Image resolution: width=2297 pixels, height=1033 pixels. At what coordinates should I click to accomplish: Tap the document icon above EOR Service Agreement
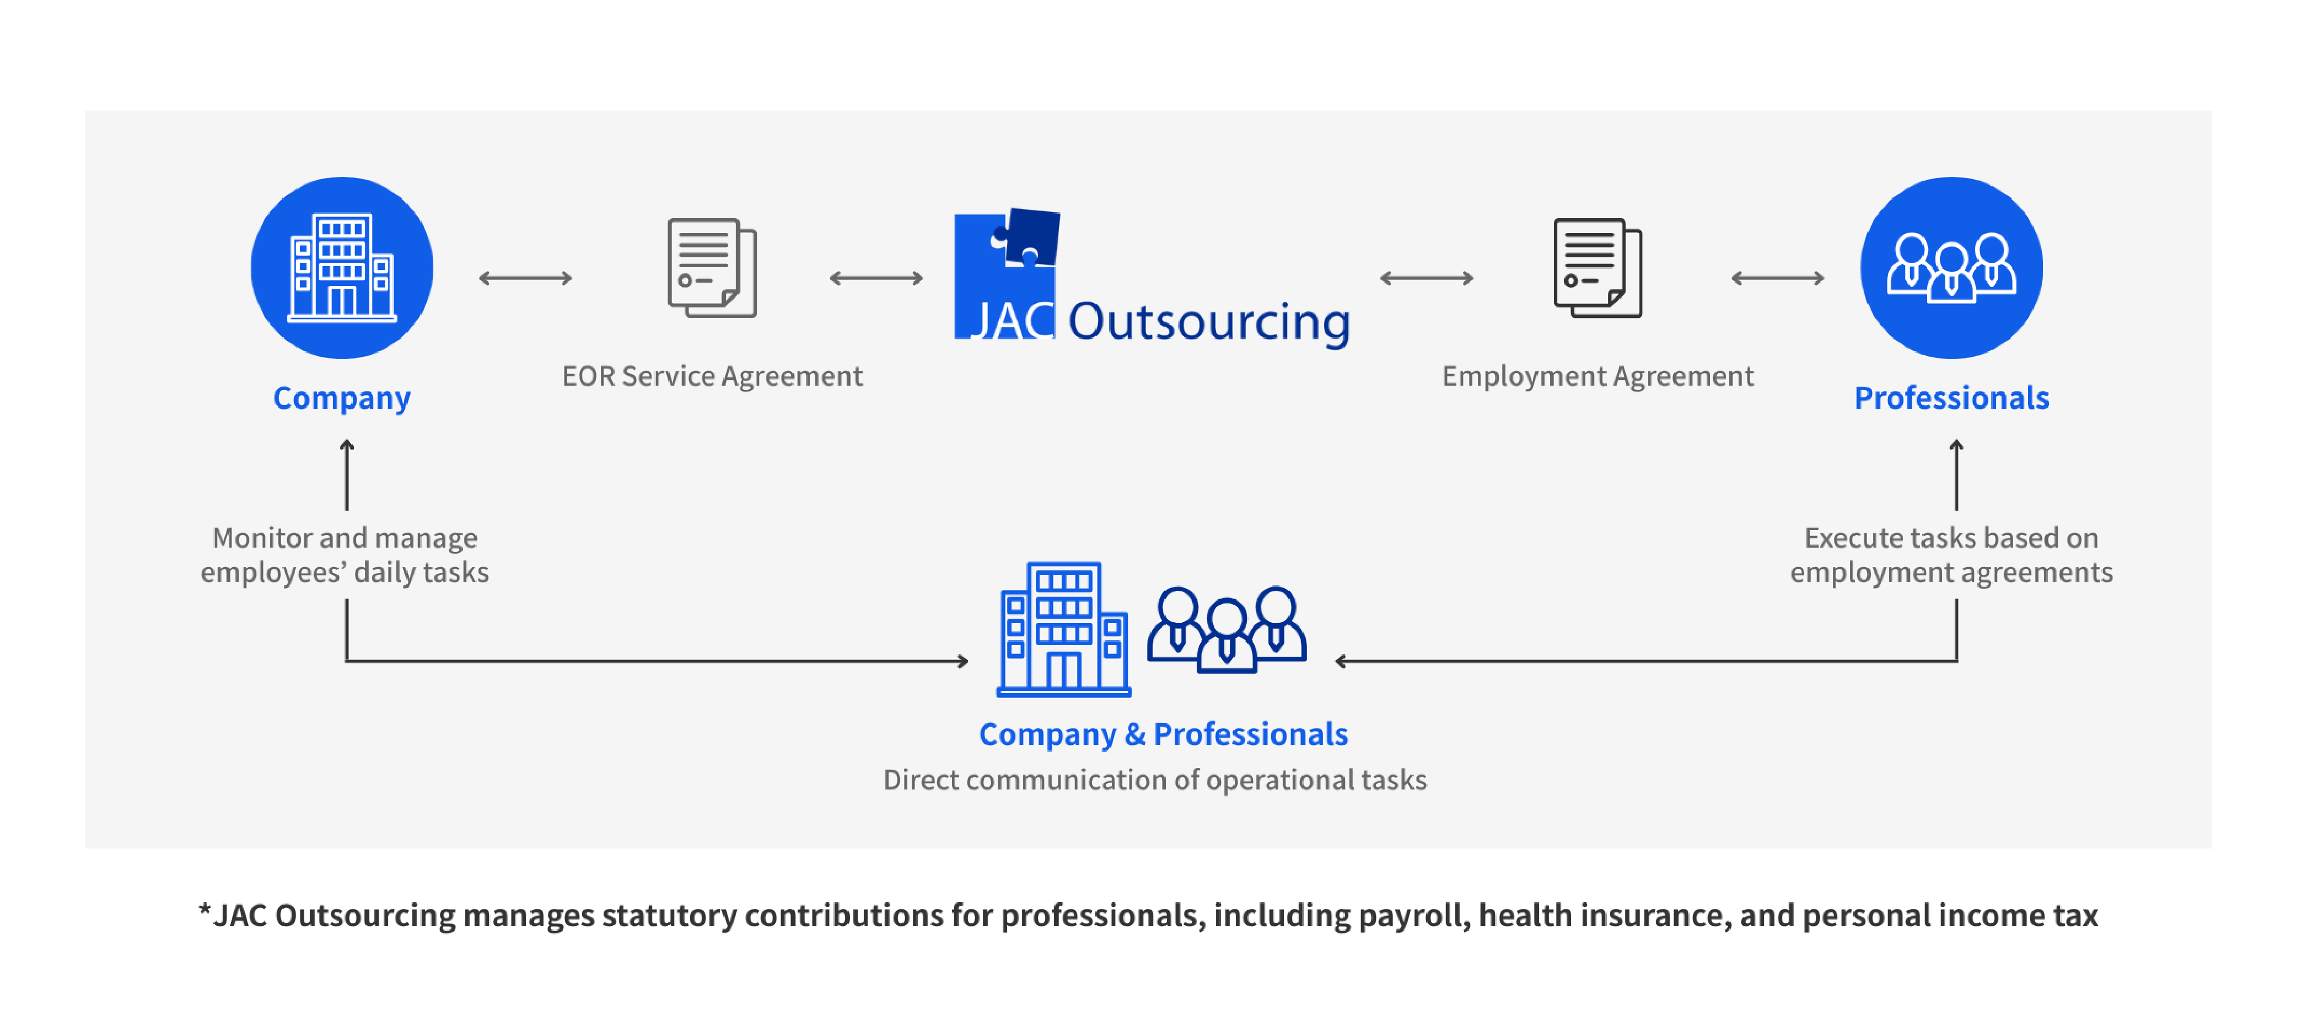(x=712, y=267)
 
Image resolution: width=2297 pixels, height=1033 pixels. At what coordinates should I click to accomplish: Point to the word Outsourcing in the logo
(x=1209, y=322)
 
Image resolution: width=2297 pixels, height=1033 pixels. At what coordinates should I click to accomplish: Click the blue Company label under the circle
(x=342, y=398)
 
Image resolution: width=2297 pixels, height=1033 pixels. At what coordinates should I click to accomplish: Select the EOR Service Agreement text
(x=712, y=376)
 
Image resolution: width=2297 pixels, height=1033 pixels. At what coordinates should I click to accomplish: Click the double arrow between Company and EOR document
(x=525, y=278)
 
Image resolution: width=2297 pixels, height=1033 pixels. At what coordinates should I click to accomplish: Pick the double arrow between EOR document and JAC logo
(x=876, y=278)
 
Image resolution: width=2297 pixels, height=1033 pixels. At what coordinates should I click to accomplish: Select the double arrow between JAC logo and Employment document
(x=1426, y=278)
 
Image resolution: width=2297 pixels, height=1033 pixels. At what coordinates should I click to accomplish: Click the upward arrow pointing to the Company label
(x=347, y=474)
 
